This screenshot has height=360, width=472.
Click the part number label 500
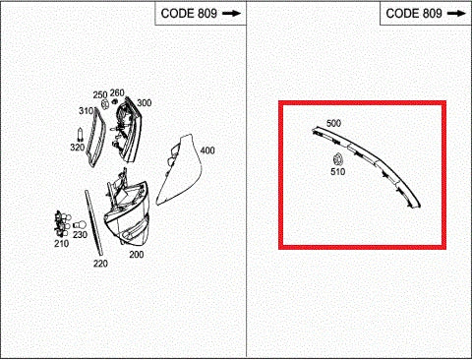click(333, 123)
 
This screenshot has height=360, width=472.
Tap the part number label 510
click(337, 173)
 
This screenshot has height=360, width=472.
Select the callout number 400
click(206, 150)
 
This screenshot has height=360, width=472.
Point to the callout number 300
click(144, 103)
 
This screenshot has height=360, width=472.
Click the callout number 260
click(117, 93)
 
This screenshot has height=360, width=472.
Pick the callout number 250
click(99, 94)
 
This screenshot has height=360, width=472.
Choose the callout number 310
click(86, 111)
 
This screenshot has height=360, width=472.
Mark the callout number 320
click(77, 148)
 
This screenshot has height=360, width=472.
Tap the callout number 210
click(61, 243)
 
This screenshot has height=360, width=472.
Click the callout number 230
click(80, 235)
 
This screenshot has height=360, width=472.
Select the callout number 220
click(99, 264)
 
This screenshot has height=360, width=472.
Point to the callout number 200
click(136, 254)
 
